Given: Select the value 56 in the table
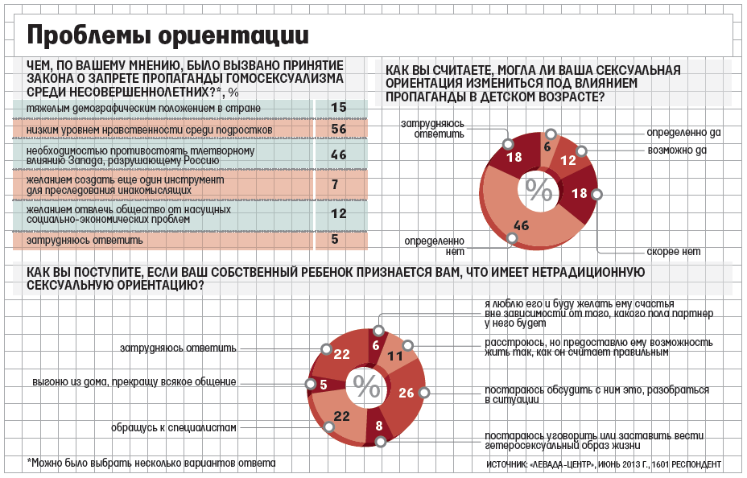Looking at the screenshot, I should (x=338, y=129).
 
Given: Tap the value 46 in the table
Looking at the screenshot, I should (x=338, y=155).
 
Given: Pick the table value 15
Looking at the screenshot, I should (x=338, y=108).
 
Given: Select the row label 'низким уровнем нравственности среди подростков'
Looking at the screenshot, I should (x=149, y=129).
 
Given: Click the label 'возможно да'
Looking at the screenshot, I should (x=677, y=150).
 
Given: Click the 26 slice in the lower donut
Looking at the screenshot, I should (x=406, y=393).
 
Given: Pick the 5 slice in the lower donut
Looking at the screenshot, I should (x=323, y=385).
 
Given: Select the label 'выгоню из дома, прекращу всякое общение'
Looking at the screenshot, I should (x=134, y=381).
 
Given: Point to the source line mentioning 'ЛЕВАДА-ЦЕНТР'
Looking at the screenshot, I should (x=604, y=465).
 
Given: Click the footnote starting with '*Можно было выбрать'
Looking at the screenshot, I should (x=151, y=464).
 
